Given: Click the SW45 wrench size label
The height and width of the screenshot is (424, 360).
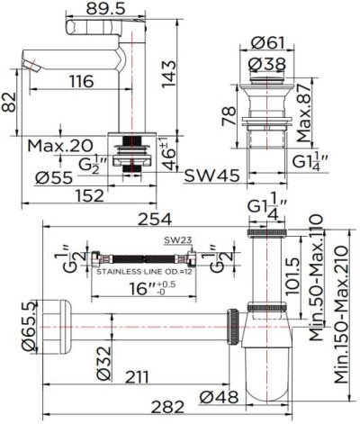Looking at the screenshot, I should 210,176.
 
